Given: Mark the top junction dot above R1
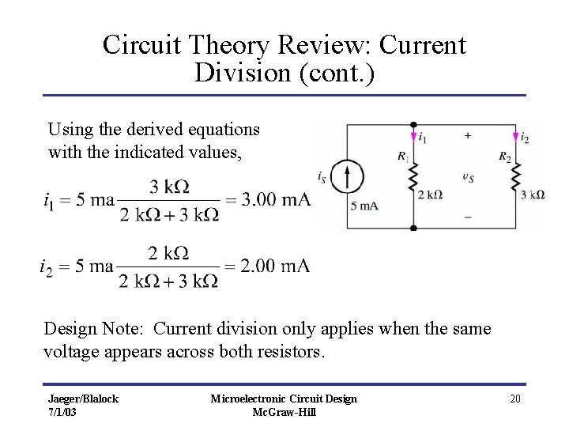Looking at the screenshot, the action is tap(413, 125).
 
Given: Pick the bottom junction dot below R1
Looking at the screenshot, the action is tap(413, 228).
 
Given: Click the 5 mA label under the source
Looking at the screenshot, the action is tap(364, 206).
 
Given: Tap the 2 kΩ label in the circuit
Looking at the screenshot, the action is tap(430, 195).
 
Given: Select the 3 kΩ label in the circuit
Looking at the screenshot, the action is tap(533, 195).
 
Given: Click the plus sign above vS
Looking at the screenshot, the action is tap(468, 136).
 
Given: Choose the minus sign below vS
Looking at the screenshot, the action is tap(468, 215).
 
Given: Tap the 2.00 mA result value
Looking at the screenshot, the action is tap(275, 266).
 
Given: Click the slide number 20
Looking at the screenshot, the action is tap(514, 399).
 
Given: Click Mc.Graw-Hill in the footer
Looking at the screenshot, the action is tap(284, 412).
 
